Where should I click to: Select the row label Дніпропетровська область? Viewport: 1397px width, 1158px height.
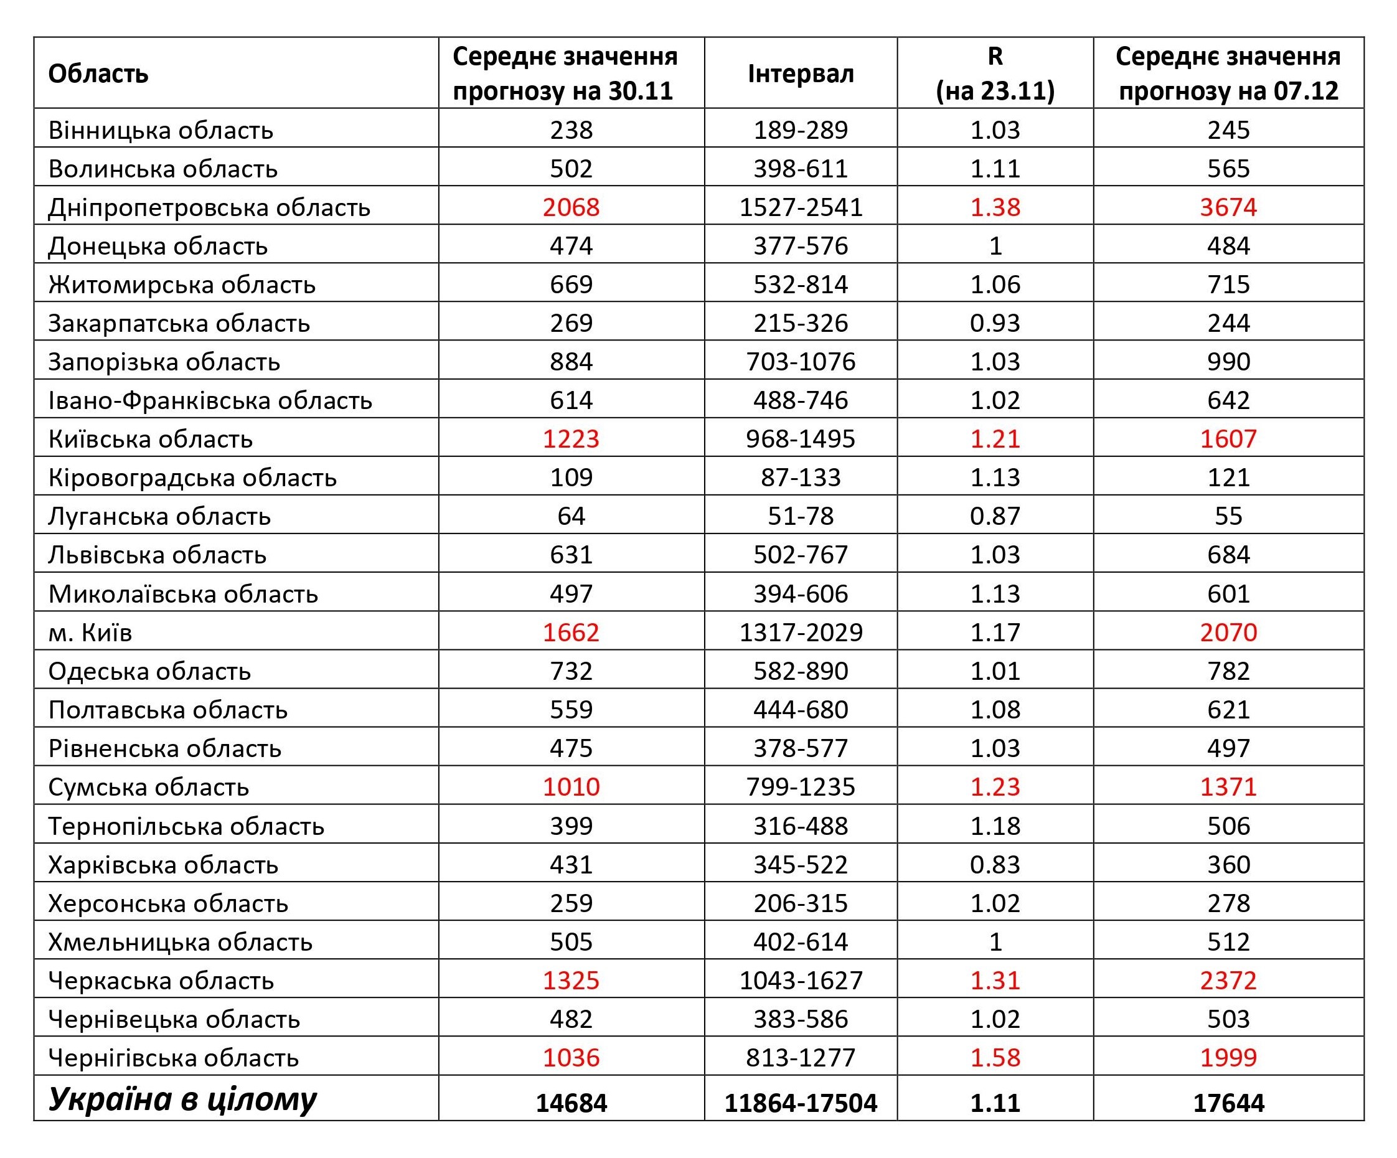209,207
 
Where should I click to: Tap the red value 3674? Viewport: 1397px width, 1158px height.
1228,207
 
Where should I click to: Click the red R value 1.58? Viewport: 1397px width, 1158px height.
995,1057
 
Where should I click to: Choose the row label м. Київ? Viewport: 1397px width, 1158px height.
90,632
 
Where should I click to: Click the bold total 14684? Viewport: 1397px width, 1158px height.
571,1103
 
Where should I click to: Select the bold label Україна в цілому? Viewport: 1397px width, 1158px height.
182,1099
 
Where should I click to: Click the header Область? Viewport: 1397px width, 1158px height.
98,74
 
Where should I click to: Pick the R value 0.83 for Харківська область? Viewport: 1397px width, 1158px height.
995,864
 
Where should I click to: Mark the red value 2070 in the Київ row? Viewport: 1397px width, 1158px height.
1228,632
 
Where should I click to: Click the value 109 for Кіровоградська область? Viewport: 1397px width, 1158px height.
571,478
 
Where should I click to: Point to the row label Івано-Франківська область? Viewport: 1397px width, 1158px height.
210,400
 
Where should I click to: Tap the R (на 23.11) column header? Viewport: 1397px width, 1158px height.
995,73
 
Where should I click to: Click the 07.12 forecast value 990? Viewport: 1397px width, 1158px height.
1228,361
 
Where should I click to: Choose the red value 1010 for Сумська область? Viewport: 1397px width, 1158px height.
571,786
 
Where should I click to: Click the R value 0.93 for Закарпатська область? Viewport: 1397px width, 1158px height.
995,322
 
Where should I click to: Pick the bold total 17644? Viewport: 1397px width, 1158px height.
1228,1103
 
